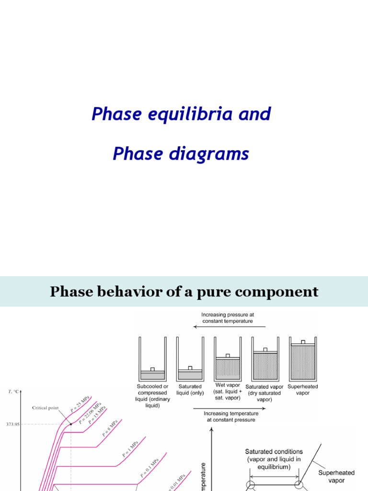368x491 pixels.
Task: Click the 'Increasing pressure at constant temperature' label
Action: point(228,317)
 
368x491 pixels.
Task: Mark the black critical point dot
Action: point(71,424)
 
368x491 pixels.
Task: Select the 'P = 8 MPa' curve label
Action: point(110,428)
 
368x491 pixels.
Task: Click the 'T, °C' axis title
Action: point(13,392)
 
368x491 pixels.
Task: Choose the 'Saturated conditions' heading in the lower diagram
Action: point(274,451)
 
